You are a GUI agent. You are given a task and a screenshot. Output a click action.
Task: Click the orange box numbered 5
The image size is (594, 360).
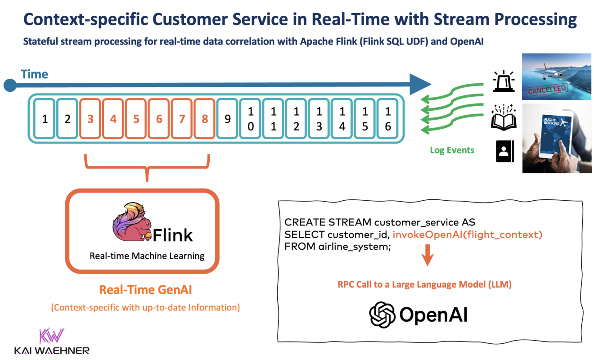[136, 119]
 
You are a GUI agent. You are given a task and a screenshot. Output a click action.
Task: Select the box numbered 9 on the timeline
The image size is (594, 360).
[228, 119]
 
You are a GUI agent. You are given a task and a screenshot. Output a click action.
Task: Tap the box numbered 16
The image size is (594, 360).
[388, 119]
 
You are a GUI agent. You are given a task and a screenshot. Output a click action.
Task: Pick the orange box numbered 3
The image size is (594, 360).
[90, 119]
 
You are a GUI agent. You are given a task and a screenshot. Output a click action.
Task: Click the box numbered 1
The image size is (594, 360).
[44, 119]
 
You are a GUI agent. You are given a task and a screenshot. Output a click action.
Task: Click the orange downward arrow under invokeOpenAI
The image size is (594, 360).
[427, 258]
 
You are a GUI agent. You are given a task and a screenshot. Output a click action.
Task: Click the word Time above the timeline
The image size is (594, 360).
[35, 74]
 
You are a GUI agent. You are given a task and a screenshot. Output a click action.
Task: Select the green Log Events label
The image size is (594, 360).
[452, 150]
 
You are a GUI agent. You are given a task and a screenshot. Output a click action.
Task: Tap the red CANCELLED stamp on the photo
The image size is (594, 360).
[547, 90]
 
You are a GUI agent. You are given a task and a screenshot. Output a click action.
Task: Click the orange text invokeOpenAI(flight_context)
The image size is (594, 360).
[467, 234]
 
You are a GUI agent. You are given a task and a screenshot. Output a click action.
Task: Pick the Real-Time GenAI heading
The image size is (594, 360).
[145, 290]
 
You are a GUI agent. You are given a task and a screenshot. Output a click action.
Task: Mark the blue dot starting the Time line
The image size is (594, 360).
[10, 85]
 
